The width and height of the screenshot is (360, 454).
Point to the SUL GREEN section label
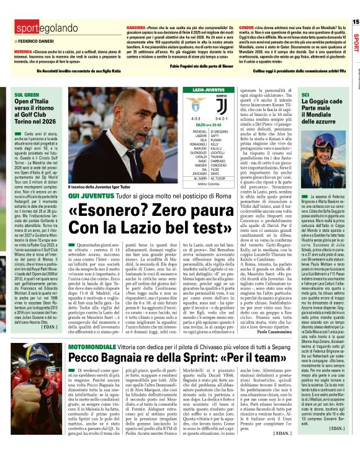[24, 96]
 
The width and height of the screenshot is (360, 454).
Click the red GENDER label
[247, 28]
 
